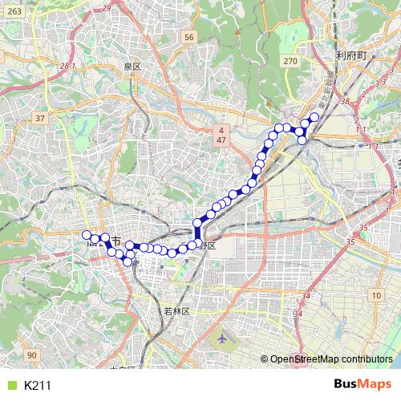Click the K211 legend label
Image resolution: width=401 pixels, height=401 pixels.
38,386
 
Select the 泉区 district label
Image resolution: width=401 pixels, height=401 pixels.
132,67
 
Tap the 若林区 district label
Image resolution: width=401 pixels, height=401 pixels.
175,310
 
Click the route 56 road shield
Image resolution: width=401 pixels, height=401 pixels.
188,37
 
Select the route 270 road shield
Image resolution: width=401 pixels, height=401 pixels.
290,60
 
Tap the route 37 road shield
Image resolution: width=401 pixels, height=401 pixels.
39,118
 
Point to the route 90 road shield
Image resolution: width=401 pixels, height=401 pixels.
31,355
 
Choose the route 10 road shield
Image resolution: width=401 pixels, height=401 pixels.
376,297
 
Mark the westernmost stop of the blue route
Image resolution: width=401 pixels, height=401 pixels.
87,235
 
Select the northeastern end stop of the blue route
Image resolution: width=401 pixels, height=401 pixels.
314,117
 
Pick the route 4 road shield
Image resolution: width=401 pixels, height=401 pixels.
221,128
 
